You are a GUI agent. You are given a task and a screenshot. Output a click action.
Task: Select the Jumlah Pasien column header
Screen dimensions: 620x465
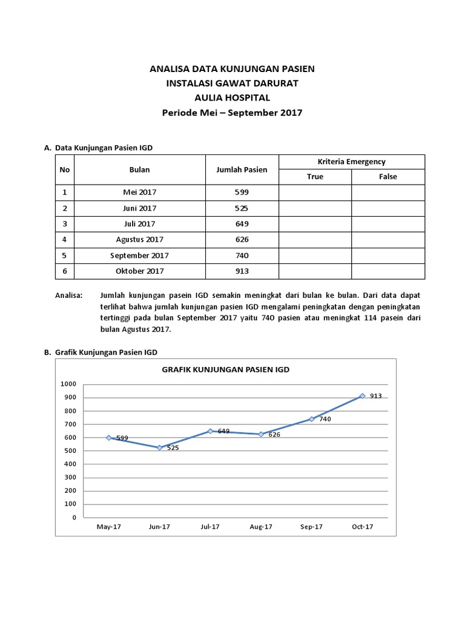[242, 170]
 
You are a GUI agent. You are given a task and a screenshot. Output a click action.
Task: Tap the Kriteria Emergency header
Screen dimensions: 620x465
[351, 162]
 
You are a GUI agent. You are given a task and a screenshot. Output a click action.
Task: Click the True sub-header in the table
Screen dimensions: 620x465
[315, 177]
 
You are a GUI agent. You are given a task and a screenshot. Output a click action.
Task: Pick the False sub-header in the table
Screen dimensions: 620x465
[388, 177]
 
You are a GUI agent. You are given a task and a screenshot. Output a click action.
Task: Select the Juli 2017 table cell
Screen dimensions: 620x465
[139, 223]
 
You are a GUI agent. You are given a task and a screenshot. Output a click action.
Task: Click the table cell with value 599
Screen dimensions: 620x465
[242, 192]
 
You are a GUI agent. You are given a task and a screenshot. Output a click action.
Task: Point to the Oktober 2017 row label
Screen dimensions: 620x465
[139, 271]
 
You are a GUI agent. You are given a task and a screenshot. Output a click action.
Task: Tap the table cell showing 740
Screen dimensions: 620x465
[242, 255]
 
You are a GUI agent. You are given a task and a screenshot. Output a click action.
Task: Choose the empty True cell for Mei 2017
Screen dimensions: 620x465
[315, 192]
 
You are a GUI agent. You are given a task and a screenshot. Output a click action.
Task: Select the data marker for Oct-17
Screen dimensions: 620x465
[362, 396]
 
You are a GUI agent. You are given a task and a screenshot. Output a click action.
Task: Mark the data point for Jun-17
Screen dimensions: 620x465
[159, 447]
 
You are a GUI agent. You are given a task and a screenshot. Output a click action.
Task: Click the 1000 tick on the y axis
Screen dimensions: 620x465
[69, 384]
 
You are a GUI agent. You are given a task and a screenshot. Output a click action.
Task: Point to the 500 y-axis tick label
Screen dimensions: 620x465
[71, 451]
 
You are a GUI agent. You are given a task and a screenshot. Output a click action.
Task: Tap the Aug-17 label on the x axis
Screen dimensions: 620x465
[260, 527]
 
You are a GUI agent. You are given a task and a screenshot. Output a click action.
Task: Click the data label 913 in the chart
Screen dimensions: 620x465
[375, 396]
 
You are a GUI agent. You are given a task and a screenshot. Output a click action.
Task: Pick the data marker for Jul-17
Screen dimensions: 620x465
[210, 431]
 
